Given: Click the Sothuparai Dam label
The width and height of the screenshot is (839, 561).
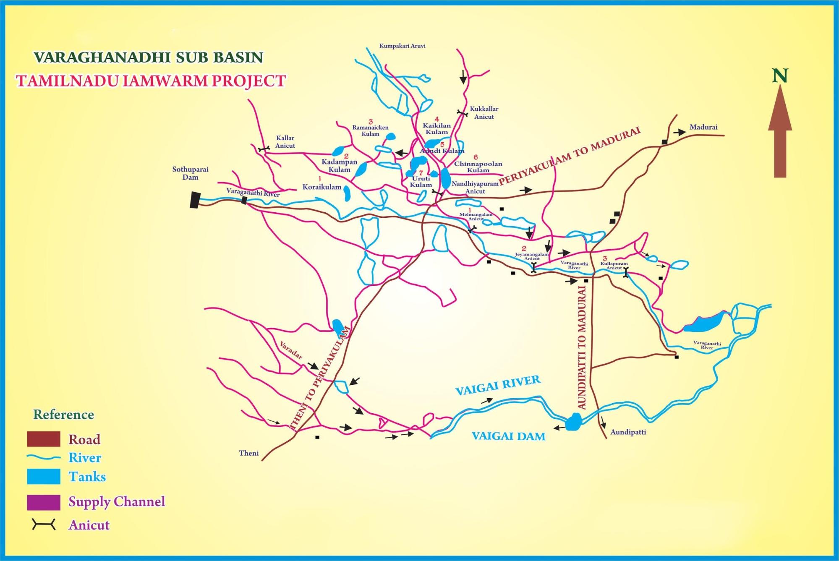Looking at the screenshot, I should click(x=190, y=173).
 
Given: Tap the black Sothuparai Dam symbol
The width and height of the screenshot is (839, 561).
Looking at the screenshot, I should click(x=194, y=200).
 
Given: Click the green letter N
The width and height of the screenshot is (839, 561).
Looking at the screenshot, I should click(x=780, y=76).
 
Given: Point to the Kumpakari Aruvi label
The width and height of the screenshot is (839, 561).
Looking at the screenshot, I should click(x=402, y=46).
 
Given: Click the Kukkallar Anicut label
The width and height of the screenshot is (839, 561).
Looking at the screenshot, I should click(x=484, y=113).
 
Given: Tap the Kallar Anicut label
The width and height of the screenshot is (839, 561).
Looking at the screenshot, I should click(x=285, y=142).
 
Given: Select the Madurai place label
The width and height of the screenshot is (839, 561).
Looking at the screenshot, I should click(x=703, y=127).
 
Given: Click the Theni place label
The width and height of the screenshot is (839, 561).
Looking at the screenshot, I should click(x=248, y=453).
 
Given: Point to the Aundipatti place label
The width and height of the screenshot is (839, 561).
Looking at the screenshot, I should click(x=628, y=432).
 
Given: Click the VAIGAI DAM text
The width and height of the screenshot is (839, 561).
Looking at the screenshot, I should click(x=508, y=436).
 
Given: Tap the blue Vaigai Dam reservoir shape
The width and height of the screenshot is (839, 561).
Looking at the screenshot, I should click(x=573, y=422).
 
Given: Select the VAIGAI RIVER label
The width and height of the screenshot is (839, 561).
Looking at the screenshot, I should click(x=498, y=385).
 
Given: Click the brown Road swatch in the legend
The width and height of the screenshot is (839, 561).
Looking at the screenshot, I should click(x=43, y=439).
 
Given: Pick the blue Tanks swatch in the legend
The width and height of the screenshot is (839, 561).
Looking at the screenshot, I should click(x=43, y=476).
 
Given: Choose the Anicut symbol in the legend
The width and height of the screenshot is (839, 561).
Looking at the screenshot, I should click(x=43, y=524).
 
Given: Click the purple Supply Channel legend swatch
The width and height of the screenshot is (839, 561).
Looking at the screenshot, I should click(x=43, y=502).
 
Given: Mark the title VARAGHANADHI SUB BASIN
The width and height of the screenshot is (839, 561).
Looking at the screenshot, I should click(x=148, y=57).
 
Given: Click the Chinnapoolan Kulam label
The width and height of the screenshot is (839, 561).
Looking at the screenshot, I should click(x=478, y=167).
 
